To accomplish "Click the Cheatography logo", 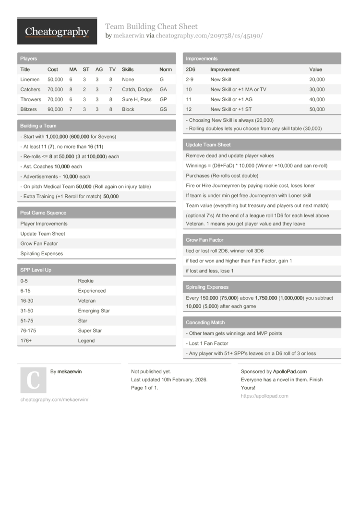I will (x=57, y=32).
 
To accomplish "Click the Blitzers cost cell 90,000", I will (x=55, y=109).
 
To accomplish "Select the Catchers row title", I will (x=30, y=89).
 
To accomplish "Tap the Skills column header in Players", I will (x=128, y=70).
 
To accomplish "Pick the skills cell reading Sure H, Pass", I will (x=136, y=99).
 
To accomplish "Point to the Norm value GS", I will (x=163, y=109).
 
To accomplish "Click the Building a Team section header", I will (x=38, y=126).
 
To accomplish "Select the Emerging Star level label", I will (x=94, y=311).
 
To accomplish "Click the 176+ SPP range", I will (x=26, y=341).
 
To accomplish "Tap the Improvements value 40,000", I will (x=317, y=99).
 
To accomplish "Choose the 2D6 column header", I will (x=190, y=70).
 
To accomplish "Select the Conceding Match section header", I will (x=205, y=322).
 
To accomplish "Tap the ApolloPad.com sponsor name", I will (x=289, y=371).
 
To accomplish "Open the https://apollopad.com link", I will (x=264, y=396).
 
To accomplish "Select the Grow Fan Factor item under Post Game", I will (x=39, y=244).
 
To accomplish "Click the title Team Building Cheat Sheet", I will (x=151, y=26).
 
